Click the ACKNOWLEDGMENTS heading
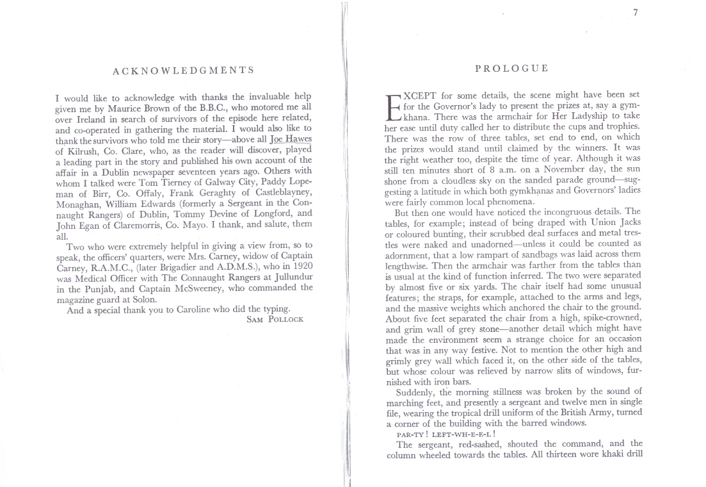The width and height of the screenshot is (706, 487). tap(183, 70)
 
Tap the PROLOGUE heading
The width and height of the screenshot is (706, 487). tap(512, 69)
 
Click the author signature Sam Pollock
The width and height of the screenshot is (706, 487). tap(276, 318)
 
